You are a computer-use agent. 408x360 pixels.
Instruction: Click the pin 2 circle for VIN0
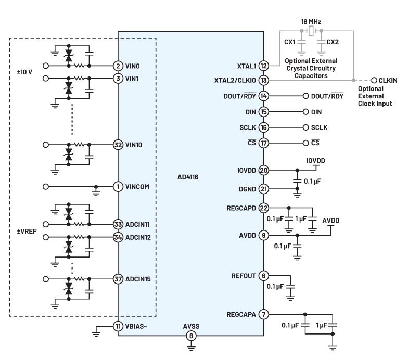(118, 66)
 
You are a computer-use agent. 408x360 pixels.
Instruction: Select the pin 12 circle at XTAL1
(264, 66)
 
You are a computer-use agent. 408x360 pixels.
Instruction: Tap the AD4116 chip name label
(188, 177)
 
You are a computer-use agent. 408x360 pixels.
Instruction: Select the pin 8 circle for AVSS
(191, 336)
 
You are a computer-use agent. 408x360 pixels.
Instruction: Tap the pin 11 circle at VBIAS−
(118, 326)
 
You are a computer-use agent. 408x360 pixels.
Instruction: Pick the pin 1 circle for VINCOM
(118, 186)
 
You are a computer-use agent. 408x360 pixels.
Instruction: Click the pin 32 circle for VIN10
(118, 145)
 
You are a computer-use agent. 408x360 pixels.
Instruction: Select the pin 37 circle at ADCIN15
(118, 279)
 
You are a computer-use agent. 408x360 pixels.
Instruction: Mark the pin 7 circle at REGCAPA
(264, 314)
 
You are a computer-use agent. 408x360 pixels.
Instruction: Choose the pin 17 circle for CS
(264, 143)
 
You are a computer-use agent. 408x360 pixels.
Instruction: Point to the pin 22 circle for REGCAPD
(264, 208)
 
